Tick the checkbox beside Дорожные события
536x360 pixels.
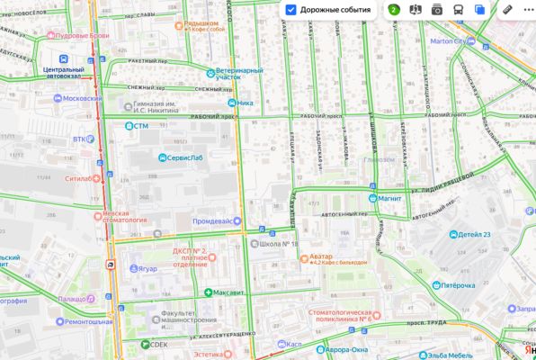[291, 10]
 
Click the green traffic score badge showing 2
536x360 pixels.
[394, 10]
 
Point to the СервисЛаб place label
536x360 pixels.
[187, 158]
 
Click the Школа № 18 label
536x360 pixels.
[278, 243]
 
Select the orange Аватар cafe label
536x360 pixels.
[321, 256]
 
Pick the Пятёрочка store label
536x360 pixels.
[457, 285]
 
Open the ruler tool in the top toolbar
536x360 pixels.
[507, 10]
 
